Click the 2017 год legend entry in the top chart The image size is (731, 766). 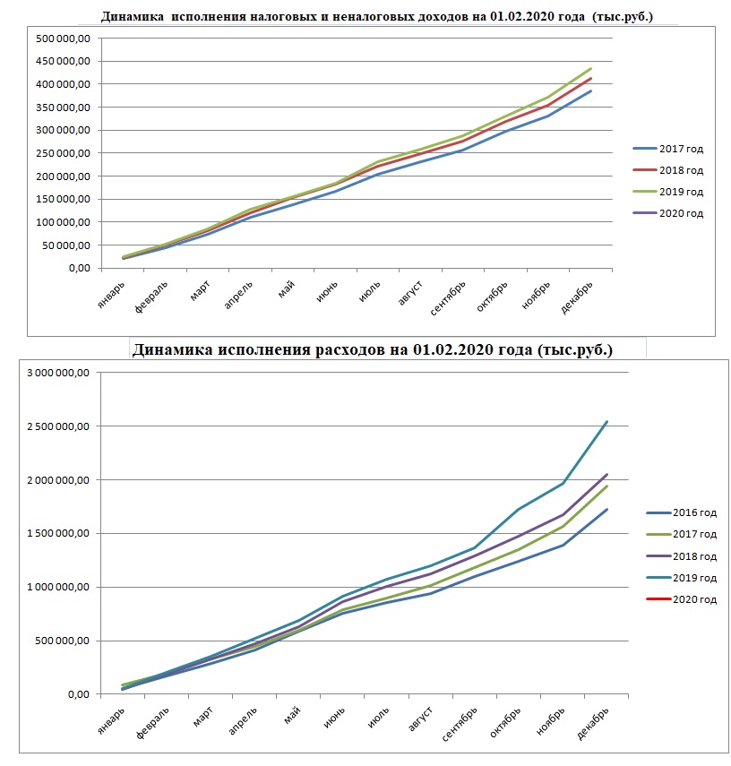668,149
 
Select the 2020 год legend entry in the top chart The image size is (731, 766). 668,213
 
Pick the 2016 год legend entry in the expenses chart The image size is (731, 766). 682,512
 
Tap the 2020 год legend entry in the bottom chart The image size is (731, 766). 682,599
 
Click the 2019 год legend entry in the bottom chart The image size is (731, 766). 682,578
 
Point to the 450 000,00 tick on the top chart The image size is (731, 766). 63,61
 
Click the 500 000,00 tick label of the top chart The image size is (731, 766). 63,39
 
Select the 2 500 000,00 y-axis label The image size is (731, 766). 58,426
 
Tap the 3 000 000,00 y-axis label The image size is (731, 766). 58,373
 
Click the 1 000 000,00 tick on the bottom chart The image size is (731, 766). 58,587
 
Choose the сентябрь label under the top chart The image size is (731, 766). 448,298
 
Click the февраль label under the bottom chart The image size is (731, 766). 152,722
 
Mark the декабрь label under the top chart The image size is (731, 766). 577,297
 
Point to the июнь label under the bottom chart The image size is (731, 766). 335,717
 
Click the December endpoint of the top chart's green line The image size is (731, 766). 590,68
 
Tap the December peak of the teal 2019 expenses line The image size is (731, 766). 606,421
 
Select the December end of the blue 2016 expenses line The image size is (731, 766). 606,510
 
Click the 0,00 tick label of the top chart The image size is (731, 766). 80,268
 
